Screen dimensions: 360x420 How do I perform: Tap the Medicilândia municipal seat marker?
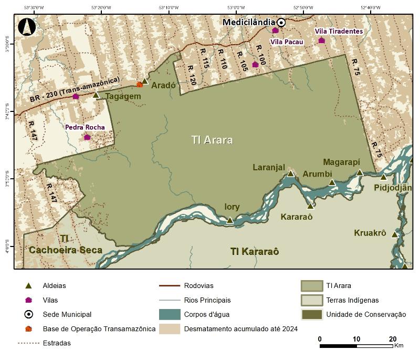tap(281, 22)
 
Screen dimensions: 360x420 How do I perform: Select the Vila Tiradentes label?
tap(339, 32)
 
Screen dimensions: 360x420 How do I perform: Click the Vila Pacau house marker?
tap(275, 30)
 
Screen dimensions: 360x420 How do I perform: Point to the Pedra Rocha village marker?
tap(87, 137)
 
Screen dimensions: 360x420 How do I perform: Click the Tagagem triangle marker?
tap(96, 95)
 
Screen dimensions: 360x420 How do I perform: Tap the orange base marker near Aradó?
tap(140, 84)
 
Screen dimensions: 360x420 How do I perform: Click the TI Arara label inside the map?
tap(212, 140)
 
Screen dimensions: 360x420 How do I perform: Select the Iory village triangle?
tap(229, 220)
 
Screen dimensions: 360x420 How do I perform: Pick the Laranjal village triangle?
tap(290, 173)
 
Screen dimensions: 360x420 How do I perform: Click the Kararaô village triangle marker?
tap(310, 206)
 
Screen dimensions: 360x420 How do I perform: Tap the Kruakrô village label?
tap(370, 233)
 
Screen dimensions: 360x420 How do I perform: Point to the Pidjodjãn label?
tap(393, 188)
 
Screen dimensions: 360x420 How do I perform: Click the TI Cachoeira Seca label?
tap(65, 245)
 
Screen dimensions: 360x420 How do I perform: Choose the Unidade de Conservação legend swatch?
tap(311, 315)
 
